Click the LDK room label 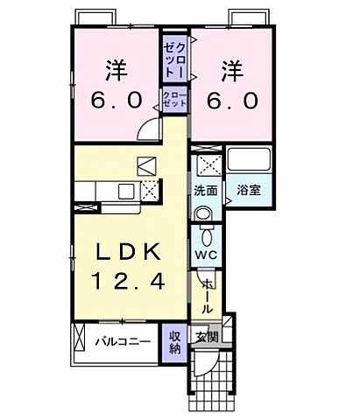click(128, 253)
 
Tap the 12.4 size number click(128, 282)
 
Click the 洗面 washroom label click(206, 189)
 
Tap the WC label click(206, 255)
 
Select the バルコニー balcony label click(122, 341)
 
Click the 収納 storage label click(174, 341)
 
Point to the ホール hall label click(207, 296)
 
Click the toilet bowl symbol click(207, 234)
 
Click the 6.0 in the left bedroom click(117, 101)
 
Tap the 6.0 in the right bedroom click(232, 101)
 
